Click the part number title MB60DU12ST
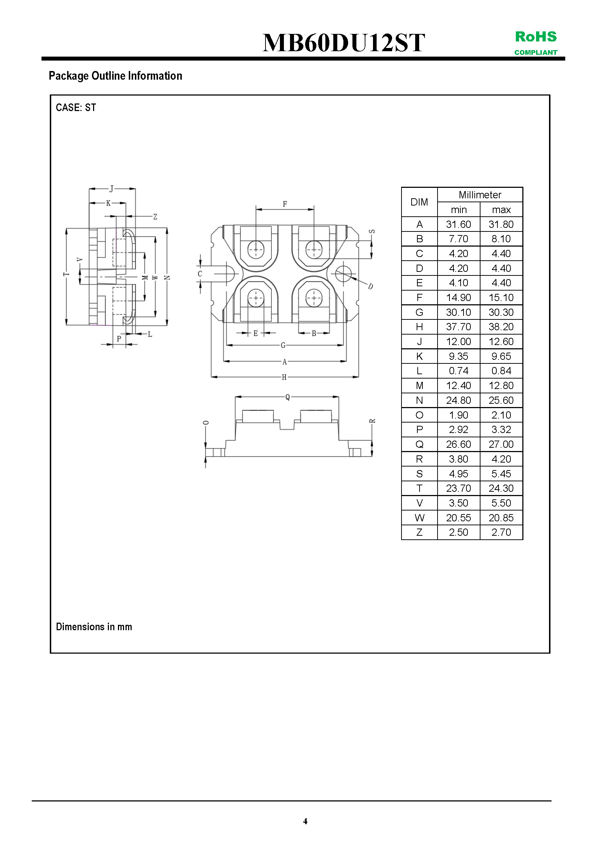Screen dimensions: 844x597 [343, 43]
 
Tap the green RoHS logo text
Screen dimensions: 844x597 [536, 37]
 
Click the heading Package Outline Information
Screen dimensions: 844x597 [115, 76]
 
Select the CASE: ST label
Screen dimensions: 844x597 [76, 107]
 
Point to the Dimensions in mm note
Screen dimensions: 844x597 [94, 626]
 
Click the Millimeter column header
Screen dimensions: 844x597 [480, 195]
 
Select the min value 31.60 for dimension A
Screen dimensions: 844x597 [458, 224]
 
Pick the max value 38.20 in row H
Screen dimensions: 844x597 [501, 327]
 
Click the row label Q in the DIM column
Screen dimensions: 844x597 [419, 445]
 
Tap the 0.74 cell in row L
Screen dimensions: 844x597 [458, 371]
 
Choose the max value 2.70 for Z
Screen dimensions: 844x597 [501, 532]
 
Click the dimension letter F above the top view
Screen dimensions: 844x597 [285, 204]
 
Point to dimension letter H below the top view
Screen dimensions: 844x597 [284, 377]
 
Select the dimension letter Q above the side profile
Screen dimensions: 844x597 [287, 397]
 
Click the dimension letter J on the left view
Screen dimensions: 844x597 [111, 189]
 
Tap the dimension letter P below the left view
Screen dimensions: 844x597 [119, 339]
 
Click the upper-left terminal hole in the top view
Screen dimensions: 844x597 [256, 249]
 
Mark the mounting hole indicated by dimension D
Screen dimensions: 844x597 [343, 274]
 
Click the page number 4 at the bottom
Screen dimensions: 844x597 [305, 821]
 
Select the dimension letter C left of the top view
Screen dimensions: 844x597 [200, 274]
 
